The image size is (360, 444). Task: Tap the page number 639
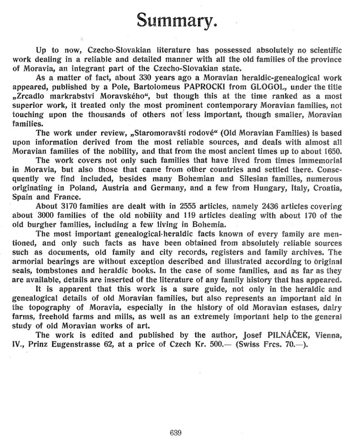click(175, 433)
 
